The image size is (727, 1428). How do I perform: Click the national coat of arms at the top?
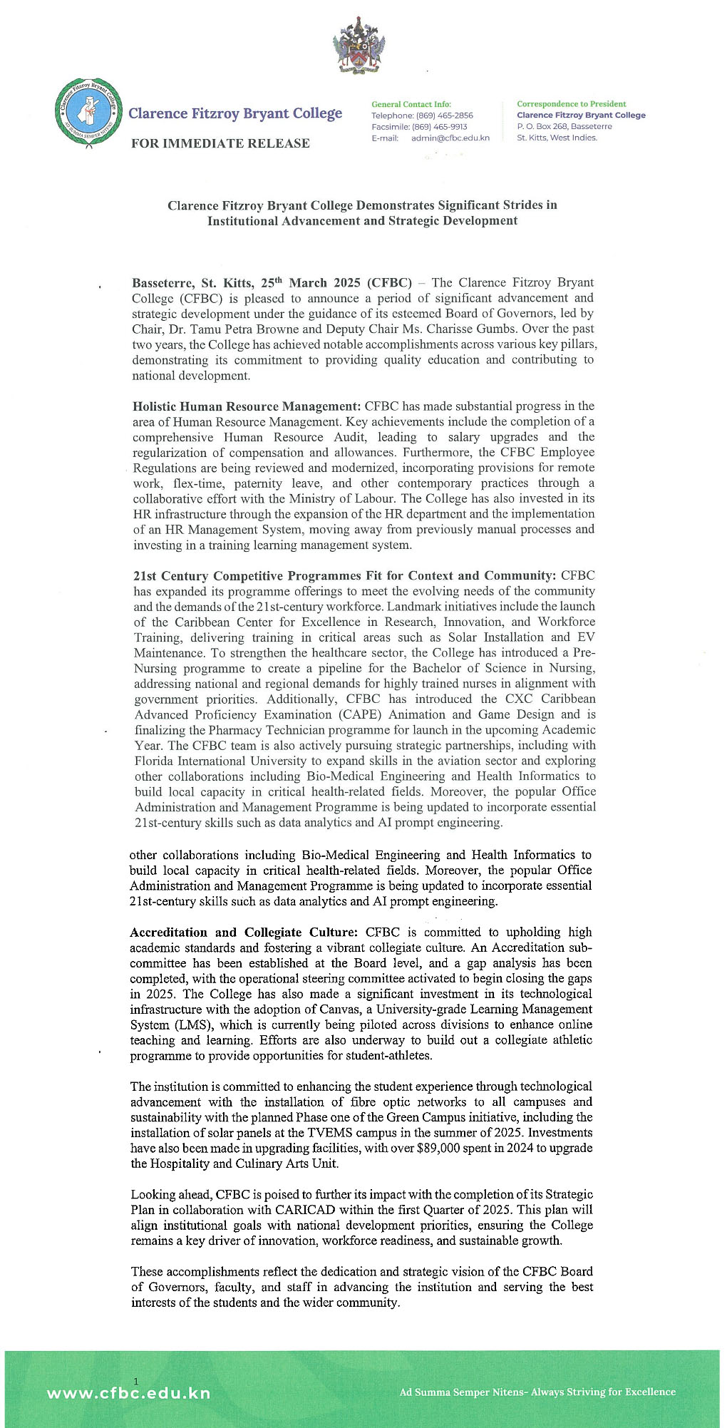coord(359,46)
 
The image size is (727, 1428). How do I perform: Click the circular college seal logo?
coord(87,114)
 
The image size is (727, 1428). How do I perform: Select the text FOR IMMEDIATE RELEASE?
coord(220,143)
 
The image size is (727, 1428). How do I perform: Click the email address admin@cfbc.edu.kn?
coord(450,138)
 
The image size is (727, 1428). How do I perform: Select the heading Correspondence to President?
coord(571,104)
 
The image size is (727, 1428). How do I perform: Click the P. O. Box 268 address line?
coord(564,126)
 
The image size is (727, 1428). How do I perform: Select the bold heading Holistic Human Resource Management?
coord(247,406)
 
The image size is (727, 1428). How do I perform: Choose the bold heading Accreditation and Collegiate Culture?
coord(243,933)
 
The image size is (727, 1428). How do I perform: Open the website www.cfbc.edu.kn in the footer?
coord(128,1393)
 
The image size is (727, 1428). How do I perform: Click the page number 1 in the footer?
coord(135,1382)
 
